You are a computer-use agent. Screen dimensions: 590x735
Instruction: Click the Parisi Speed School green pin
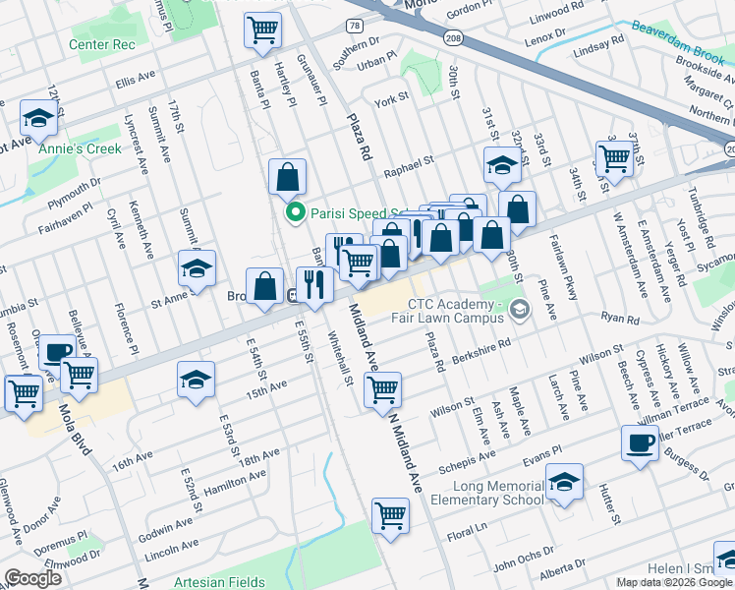293,212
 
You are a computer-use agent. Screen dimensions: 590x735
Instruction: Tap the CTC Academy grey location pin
519,311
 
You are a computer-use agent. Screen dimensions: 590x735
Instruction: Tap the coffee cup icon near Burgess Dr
640,442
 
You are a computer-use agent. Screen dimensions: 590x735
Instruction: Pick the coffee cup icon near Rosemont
57,352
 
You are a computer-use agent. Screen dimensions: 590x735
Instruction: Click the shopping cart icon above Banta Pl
261,30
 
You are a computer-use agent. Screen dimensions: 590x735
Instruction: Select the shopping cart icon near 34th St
614,157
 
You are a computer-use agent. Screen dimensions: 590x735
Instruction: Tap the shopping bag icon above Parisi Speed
287,178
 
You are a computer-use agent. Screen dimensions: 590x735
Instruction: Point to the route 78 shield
353,24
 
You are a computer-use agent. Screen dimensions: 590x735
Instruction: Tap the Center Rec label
100,45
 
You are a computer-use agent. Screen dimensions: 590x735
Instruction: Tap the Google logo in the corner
32,578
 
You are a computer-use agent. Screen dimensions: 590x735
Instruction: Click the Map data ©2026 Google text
673,582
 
